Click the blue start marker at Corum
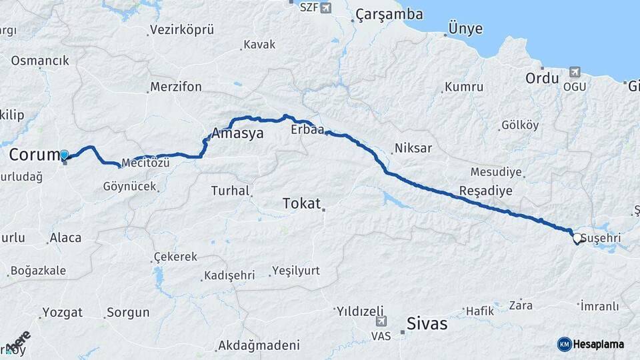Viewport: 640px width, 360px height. [64, 155]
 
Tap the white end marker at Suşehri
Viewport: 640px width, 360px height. [577, 237]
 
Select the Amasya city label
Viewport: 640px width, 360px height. [237, 133]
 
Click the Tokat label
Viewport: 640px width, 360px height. [301, 203]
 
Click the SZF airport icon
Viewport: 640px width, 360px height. [325, 8]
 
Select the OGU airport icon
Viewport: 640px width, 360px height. [575, 72]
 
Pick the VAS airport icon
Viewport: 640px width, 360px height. [381, 321]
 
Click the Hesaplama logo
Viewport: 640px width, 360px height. [591, 344]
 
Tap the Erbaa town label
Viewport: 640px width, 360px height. [307, 130]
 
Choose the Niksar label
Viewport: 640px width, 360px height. [413, 148]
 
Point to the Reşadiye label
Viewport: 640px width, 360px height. [485, 191]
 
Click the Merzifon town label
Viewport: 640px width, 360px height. [175, 87]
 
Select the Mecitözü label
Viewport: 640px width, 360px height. [146, 163]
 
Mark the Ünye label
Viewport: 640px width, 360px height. [465, 29]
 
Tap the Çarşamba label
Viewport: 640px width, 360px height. [389, 14]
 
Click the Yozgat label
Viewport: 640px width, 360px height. [62, 312]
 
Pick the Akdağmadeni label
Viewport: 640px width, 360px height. [258, 346]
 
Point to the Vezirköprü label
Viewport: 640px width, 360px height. [181, 30]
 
